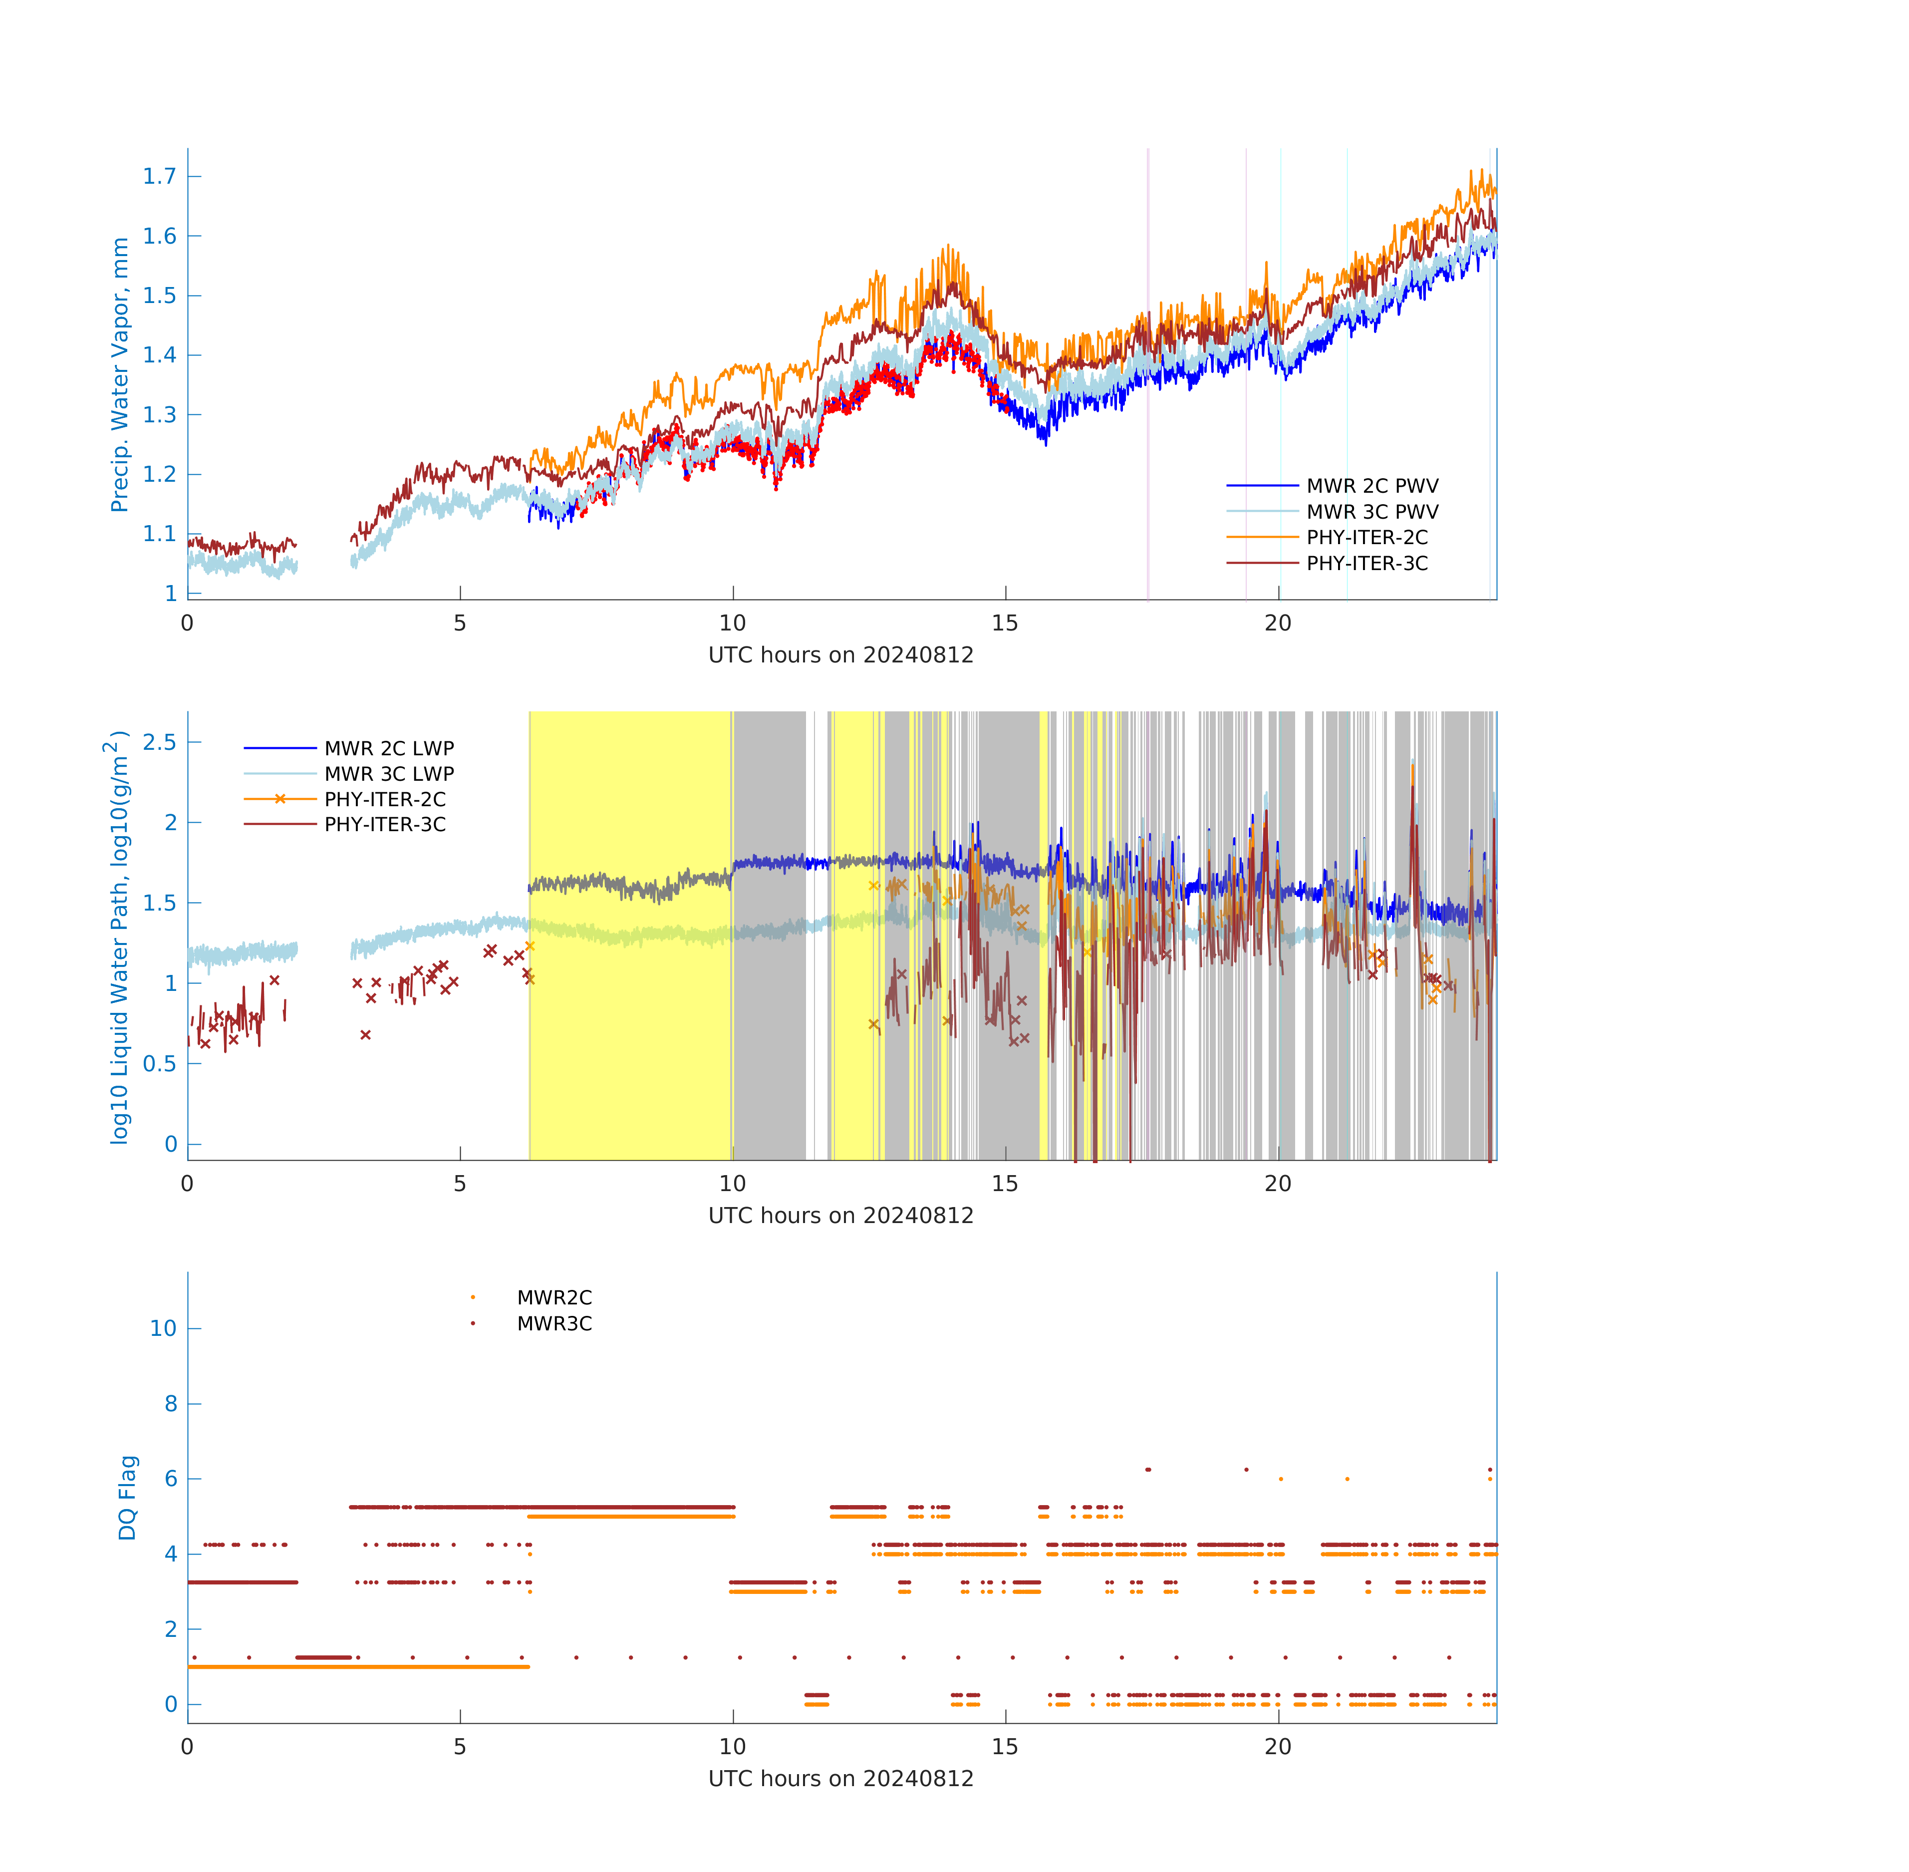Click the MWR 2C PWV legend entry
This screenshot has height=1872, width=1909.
coord(1371,486)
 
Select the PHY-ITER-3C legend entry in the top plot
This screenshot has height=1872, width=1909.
coord(1366,564)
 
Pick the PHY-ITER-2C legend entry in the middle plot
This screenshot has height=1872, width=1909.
coord(384,799)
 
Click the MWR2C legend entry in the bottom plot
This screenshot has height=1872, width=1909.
coord(553,1298)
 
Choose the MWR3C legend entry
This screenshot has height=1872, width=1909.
coord(553,1323)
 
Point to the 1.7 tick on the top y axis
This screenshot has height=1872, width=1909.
coord(159,177)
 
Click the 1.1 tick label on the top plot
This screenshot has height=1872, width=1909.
coord(159,534)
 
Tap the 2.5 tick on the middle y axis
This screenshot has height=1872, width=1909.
coord(159,742)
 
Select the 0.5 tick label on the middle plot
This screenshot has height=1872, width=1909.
coord(159,1064)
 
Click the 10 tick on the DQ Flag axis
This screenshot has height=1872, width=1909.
coord(162,1328)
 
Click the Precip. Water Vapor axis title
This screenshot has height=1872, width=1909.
coord(120,374)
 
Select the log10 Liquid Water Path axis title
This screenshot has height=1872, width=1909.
coord(118,937)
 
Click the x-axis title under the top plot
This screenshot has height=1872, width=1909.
coord(840,655)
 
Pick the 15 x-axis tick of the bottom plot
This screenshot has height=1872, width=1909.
coord(1005,1747)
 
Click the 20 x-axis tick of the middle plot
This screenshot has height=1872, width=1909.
coord(1277,1184)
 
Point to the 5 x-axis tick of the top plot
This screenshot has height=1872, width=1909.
coord(460,624)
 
